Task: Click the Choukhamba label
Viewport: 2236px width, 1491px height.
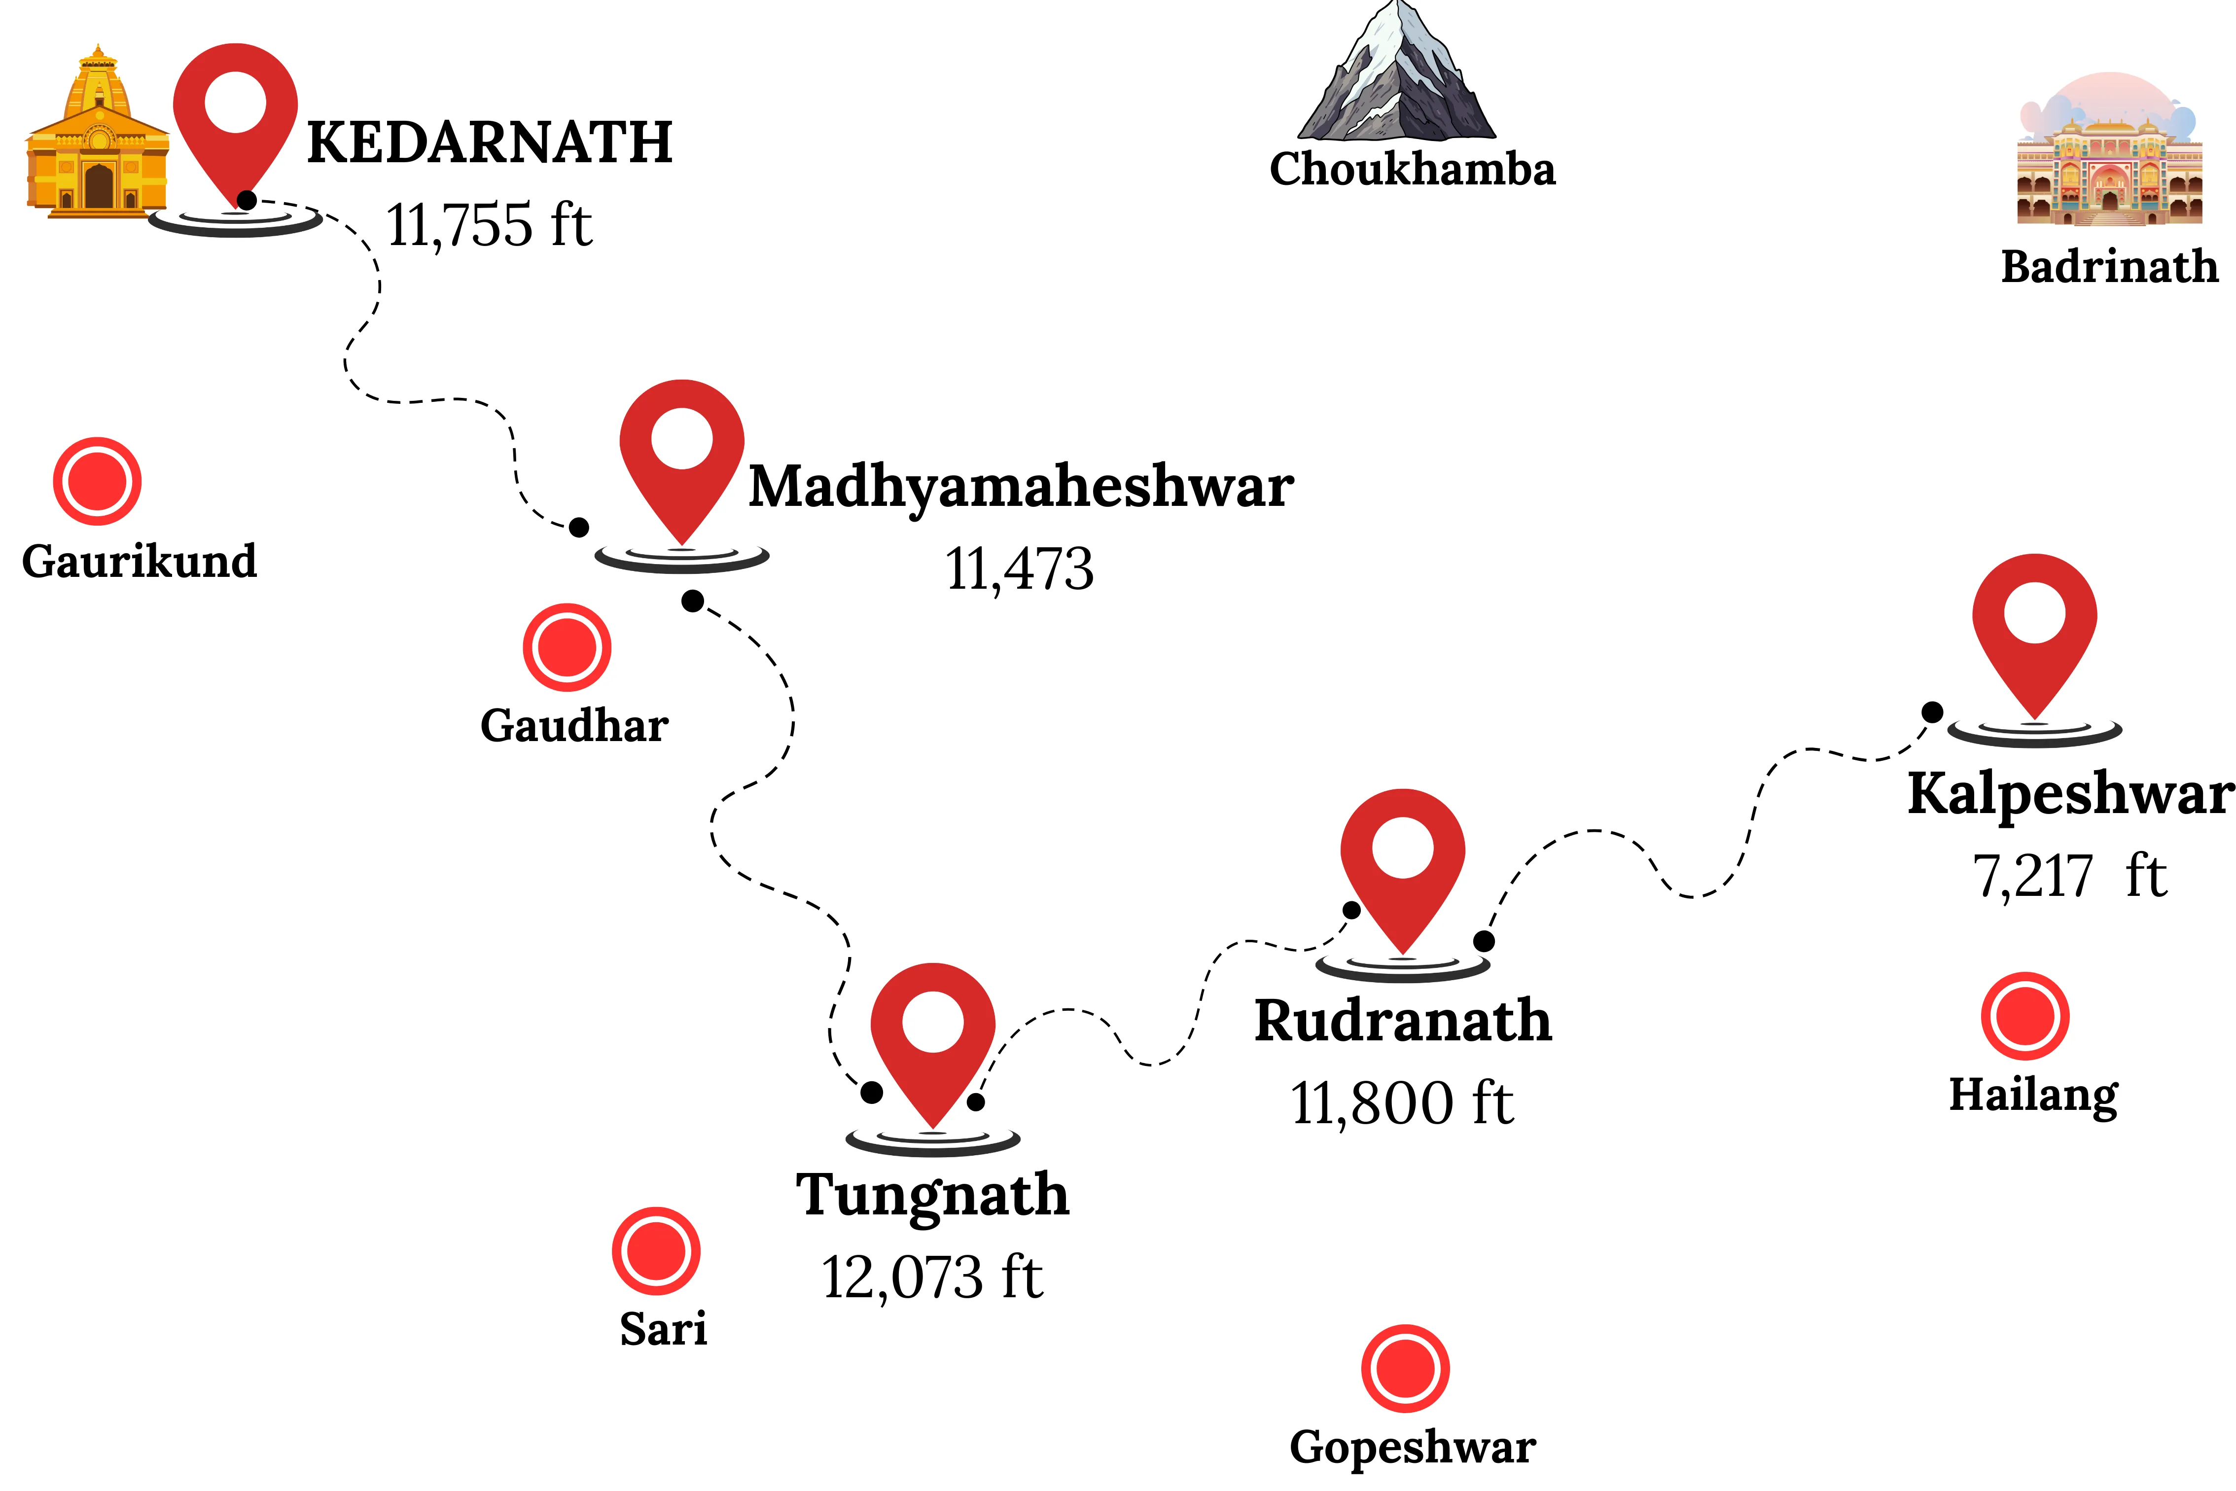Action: click(1413, 169)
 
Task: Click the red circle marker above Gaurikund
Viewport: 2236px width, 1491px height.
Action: click(97, 481)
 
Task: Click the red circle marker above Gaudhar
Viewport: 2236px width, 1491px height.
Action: click(567, 647)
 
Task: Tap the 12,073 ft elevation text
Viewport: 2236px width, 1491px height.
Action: click(933, 1277)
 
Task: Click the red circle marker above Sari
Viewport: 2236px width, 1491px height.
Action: click(656, 1251)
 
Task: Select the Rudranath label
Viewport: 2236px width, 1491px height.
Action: click(1403, 1021)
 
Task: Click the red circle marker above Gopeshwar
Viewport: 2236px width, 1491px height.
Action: click(1405, 1368)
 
